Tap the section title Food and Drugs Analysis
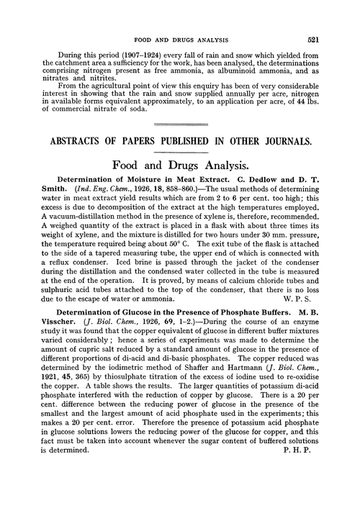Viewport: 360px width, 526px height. pyautogui.click(x=180, y=163)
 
